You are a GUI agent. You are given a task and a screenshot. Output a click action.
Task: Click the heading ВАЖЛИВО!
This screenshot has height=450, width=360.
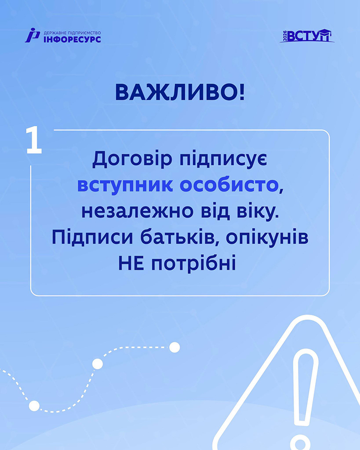[180, 92]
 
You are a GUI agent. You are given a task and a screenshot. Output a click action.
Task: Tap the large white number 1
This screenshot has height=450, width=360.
[34, 140]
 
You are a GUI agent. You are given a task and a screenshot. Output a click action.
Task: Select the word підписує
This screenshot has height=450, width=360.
[224, 159]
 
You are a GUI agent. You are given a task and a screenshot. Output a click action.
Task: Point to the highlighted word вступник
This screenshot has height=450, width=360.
[125, 185]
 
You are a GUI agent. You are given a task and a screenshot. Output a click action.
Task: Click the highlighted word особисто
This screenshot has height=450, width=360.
[229, 185]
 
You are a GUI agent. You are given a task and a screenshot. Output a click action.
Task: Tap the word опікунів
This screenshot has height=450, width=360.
[267, 238]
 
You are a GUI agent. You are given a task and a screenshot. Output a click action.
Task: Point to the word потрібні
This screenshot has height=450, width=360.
[194, 264]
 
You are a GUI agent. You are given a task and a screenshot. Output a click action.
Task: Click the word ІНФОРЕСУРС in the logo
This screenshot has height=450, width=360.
[72, 39]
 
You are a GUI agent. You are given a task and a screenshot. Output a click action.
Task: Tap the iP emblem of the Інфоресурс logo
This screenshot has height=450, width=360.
[32, 36]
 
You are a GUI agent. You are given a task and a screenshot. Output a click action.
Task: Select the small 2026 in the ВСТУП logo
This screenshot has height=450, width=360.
[285, 36]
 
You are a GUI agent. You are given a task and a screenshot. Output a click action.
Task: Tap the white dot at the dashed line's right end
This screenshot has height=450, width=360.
[175, 347]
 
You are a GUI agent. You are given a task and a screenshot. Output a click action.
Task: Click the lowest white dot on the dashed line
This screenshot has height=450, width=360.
[34, 406]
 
